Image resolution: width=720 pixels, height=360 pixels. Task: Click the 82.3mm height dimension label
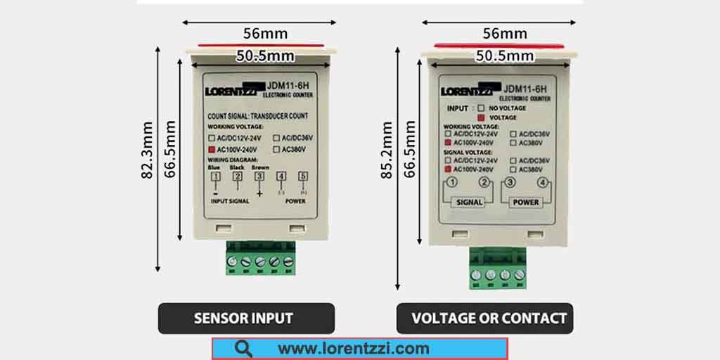tap(147, 161)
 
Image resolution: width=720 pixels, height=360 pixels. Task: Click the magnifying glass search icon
tap(244, 349)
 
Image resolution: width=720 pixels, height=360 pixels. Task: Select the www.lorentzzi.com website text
tap(353, 349)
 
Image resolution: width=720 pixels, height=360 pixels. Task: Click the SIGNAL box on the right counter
tap(470, 202)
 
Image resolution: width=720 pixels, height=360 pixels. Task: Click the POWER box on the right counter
tap(525, 202)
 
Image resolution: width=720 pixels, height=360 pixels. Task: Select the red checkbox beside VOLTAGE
tap(481, 117)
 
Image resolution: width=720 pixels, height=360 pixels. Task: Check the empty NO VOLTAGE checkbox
tap(481, 108)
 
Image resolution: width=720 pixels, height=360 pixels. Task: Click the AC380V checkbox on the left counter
tap(276, 150)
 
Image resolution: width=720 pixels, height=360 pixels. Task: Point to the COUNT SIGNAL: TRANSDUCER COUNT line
tap(258, 116)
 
